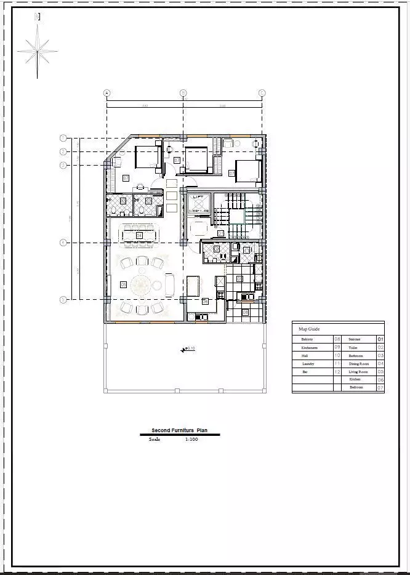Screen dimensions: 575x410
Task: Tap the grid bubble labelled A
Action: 107,94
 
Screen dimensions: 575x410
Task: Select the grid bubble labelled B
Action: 182,94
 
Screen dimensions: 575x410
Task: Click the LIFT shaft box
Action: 198,204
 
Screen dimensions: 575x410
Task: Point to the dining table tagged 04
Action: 140,235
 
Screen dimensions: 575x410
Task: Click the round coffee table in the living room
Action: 142,284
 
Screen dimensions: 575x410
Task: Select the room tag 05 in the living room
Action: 123,284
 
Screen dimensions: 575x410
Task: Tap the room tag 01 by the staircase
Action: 220,233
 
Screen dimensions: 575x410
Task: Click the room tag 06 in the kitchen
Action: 205,302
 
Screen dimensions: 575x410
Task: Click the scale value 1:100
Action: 191,440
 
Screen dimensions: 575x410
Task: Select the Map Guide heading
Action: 309,329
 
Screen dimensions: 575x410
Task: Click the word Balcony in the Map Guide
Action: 307,339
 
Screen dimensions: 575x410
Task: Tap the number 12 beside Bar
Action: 337,372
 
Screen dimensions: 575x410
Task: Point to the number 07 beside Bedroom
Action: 380,388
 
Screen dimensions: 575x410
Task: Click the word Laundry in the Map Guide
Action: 308,364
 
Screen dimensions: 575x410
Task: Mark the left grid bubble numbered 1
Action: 63,137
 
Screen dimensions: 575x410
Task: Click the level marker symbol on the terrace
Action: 184,350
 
